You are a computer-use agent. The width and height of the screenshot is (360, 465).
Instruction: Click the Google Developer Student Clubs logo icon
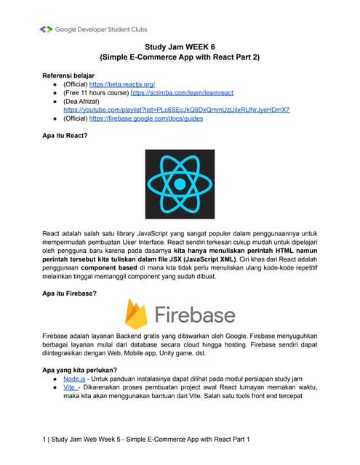coord(46,29)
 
